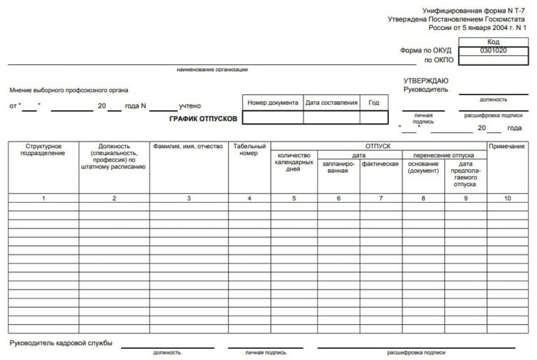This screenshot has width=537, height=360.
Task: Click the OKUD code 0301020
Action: [493, 51]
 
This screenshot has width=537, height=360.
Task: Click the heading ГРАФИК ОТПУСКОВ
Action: [203, 119]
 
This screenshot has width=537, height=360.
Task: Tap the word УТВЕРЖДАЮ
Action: [427, 81]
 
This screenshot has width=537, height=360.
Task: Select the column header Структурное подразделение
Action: [43, 150]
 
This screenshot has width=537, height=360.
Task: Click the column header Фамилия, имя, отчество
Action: [188, 146]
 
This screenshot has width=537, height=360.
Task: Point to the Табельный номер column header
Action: [250, 150]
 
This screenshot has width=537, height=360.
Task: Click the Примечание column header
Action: [507, 146]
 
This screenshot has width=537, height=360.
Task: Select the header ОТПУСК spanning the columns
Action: [378, 146]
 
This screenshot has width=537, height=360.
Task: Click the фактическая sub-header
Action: [380, 164]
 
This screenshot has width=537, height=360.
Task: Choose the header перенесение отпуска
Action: [444, 154]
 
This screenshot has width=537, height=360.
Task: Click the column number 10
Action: [507, 199]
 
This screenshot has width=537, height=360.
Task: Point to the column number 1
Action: [43, 199]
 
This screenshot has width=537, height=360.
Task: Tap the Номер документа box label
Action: [273, 103]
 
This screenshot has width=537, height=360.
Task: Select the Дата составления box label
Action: [331, 103]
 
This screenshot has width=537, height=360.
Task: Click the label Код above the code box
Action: [493, 42]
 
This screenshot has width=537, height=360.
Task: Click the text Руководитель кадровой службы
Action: [61, 343]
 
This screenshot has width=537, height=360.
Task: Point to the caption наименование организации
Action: [213, 70]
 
